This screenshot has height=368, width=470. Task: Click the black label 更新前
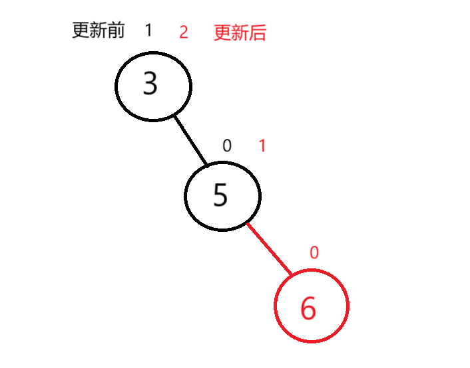coord(99,31)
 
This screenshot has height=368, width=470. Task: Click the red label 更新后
coord(240,33)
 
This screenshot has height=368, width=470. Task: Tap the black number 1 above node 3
coord(148,30)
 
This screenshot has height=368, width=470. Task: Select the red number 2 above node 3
coord(184,33)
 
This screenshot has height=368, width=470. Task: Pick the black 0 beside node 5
coord(227,146)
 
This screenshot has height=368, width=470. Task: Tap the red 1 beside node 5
coord(262,146)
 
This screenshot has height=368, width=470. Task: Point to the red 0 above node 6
coord(314,252)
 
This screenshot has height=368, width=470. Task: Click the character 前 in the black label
coord(117,31)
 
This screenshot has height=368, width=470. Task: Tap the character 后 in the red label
coord(258,33)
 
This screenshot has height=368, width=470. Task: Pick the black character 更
coord(81,31)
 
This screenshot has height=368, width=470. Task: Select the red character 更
coord(222,33)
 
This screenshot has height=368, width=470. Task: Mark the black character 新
coord(99,31)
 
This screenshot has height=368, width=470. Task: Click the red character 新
coord(240,33)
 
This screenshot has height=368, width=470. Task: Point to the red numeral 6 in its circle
coord(308,308)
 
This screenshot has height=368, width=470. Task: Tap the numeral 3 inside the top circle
coord(150,84)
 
